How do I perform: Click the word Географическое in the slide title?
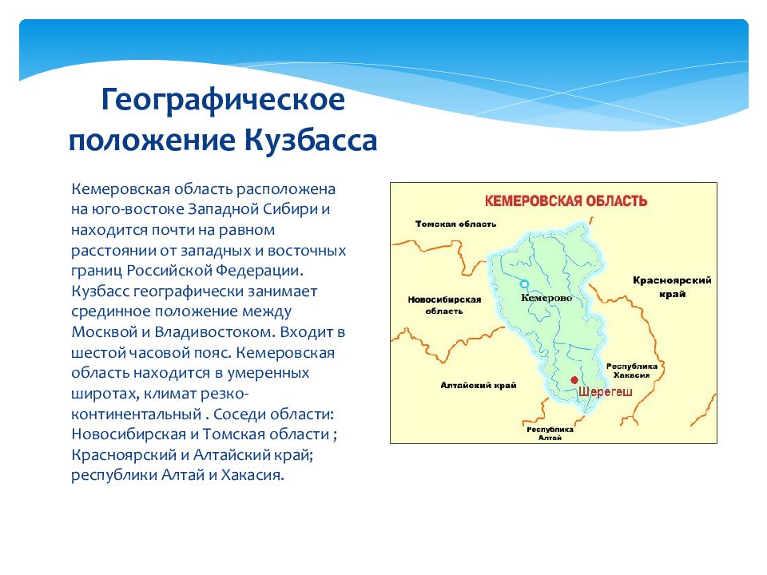click(223, 101)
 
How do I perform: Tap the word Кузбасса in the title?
click(311, 141)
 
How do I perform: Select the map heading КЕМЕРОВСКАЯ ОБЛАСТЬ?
click(566, 201)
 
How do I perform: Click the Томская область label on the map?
click(455, 224)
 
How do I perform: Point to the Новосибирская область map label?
click(445, 305)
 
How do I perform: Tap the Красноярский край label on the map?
click(672, 287)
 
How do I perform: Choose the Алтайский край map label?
click(479, 385)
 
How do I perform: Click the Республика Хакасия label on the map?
click(631, 371)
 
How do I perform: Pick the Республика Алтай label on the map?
click(550, 433)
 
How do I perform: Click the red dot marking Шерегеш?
click(574, 380)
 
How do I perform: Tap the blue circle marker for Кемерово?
click(524, 284)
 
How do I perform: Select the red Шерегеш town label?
click(606, 391)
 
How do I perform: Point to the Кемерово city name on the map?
click(546, 298)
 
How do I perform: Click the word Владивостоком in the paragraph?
click(214, 332)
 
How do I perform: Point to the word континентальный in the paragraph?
click(137, 414)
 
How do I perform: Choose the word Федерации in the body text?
click(259, 271)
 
